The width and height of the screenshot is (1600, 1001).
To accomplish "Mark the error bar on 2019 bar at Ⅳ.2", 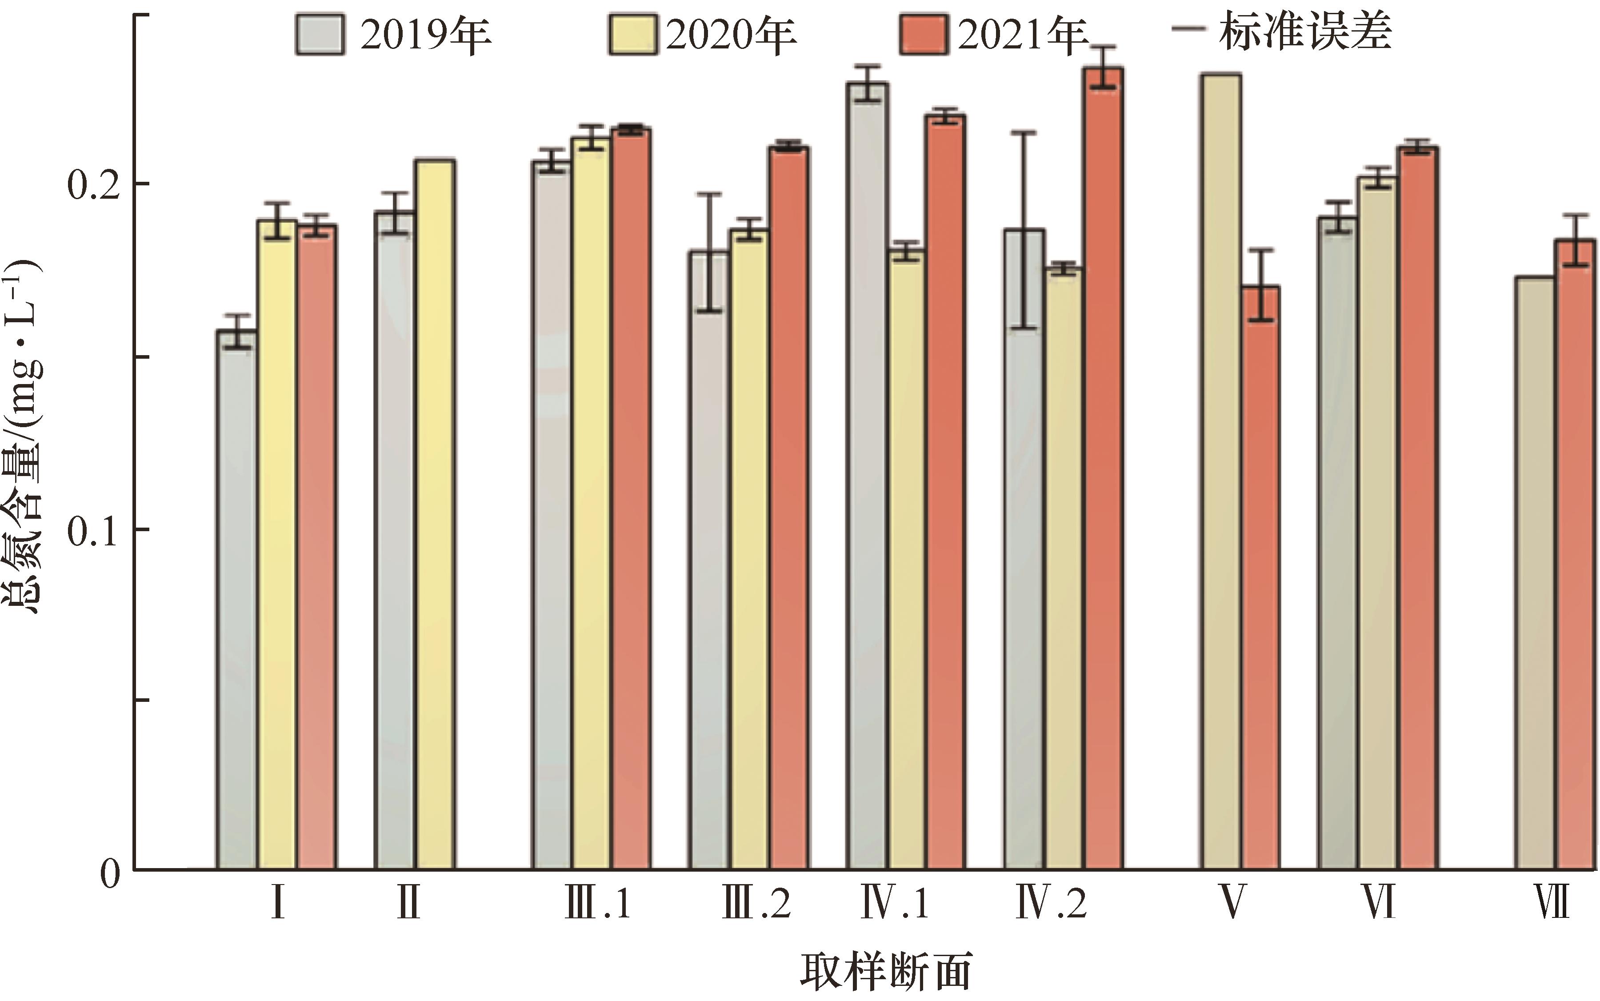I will pos(1024,230).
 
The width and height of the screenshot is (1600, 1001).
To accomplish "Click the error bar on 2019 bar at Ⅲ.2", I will pos(709,252).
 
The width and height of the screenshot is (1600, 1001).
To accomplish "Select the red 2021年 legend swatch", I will pos(924,34).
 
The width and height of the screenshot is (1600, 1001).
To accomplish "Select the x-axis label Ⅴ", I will pos(1231,903).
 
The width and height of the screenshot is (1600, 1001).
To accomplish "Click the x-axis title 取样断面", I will pos(886,972).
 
